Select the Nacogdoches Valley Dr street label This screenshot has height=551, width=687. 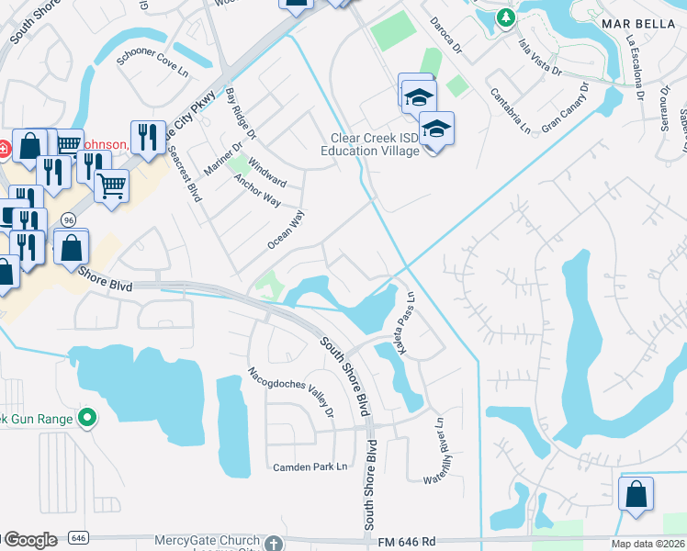290,392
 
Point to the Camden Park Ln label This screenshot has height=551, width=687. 312,467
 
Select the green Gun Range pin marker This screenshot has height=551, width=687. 87,420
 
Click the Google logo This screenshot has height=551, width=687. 30,540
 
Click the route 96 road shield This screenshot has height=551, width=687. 68,219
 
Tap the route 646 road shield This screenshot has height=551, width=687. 76,537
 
